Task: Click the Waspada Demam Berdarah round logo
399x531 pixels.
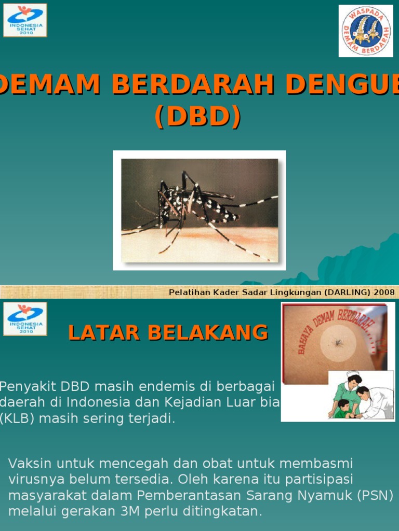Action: (x=366, y=31)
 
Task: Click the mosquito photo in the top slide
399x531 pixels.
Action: (x=199, y=210)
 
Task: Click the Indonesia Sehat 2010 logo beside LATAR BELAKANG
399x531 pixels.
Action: (x=25, y=319)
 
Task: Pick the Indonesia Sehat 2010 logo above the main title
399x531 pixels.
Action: (x=25, y=20)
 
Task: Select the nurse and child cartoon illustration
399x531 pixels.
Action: (x=361, y=395)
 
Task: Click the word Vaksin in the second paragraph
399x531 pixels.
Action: (x=29, y=463)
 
